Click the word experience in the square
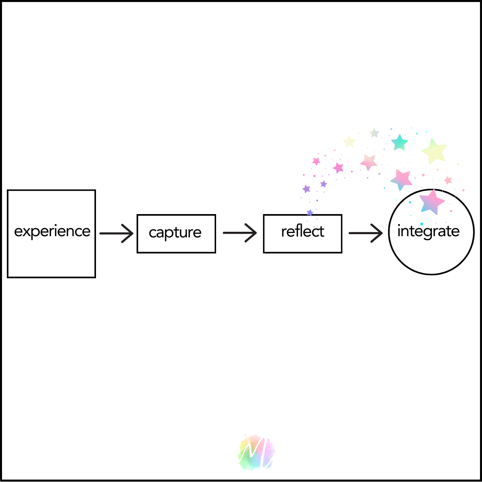pyautogui.click(x=52, y=232)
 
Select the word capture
pyautogui.click(x=175, y=233)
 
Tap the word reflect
pyautogui.click(x=302, y=232)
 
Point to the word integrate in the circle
pyautogui.click(x=428, y=232)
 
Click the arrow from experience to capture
pyautogui.click(x=116, y=233)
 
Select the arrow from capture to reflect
pyautogui.click(x=240, y=233)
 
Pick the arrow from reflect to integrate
pyautogui.click(x=366, y=233)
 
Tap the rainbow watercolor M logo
pyautogui.click(x=256, y=452)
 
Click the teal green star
pyautogui.click(x=400, y=143)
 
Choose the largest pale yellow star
pyautogui.click(x=434, y=151)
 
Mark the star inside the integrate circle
pyautogui.click(x=432, y=202)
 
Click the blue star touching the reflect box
pyautogui.click(x=310, y=213)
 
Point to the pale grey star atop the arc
pyautogui.click(x=374, y=133)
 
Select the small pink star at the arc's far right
pyautogui.click(x=448, y=180)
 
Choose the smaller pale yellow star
pyautogui.click(x=349, y=141)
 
